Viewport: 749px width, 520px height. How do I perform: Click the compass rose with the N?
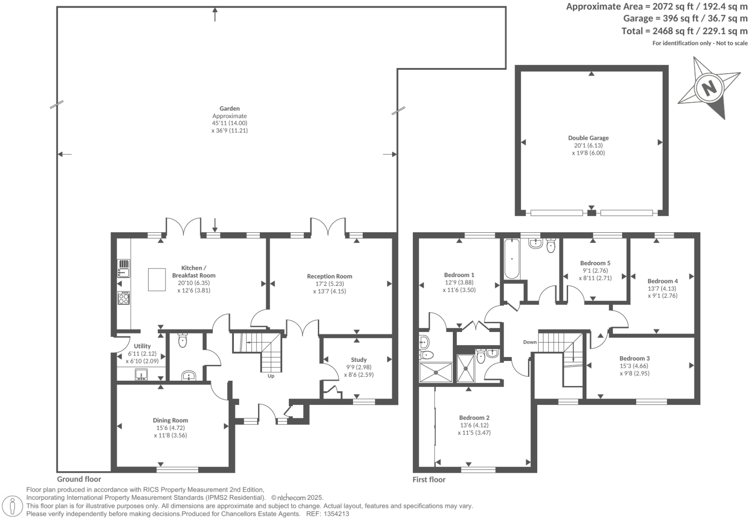708,88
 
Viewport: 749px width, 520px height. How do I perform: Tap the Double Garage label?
588,138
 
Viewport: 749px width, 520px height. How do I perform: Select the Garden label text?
230,108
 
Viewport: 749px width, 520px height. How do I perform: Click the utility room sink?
141,374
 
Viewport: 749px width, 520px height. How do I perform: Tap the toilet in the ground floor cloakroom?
182,341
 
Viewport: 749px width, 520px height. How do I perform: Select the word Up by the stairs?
271,376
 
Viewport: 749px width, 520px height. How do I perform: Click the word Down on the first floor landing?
530,342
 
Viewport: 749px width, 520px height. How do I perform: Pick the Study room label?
358,360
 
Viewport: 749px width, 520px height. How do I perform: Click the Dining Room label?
170,420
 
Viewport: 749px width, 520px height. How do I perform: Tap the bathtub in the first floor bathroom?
512,259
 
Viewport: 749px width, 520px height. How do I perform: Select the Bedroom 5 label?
595,263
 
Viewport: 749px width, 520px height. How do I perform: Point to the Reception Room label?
329,276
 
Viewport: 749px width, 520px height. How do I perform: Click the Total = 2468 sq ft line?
684,31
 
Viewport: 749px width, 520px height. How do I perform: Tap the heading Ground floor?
79,479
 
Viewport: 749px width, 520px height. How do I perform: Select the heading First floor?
429,480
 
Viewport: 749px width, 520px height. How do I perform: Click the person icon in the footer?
13,506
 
